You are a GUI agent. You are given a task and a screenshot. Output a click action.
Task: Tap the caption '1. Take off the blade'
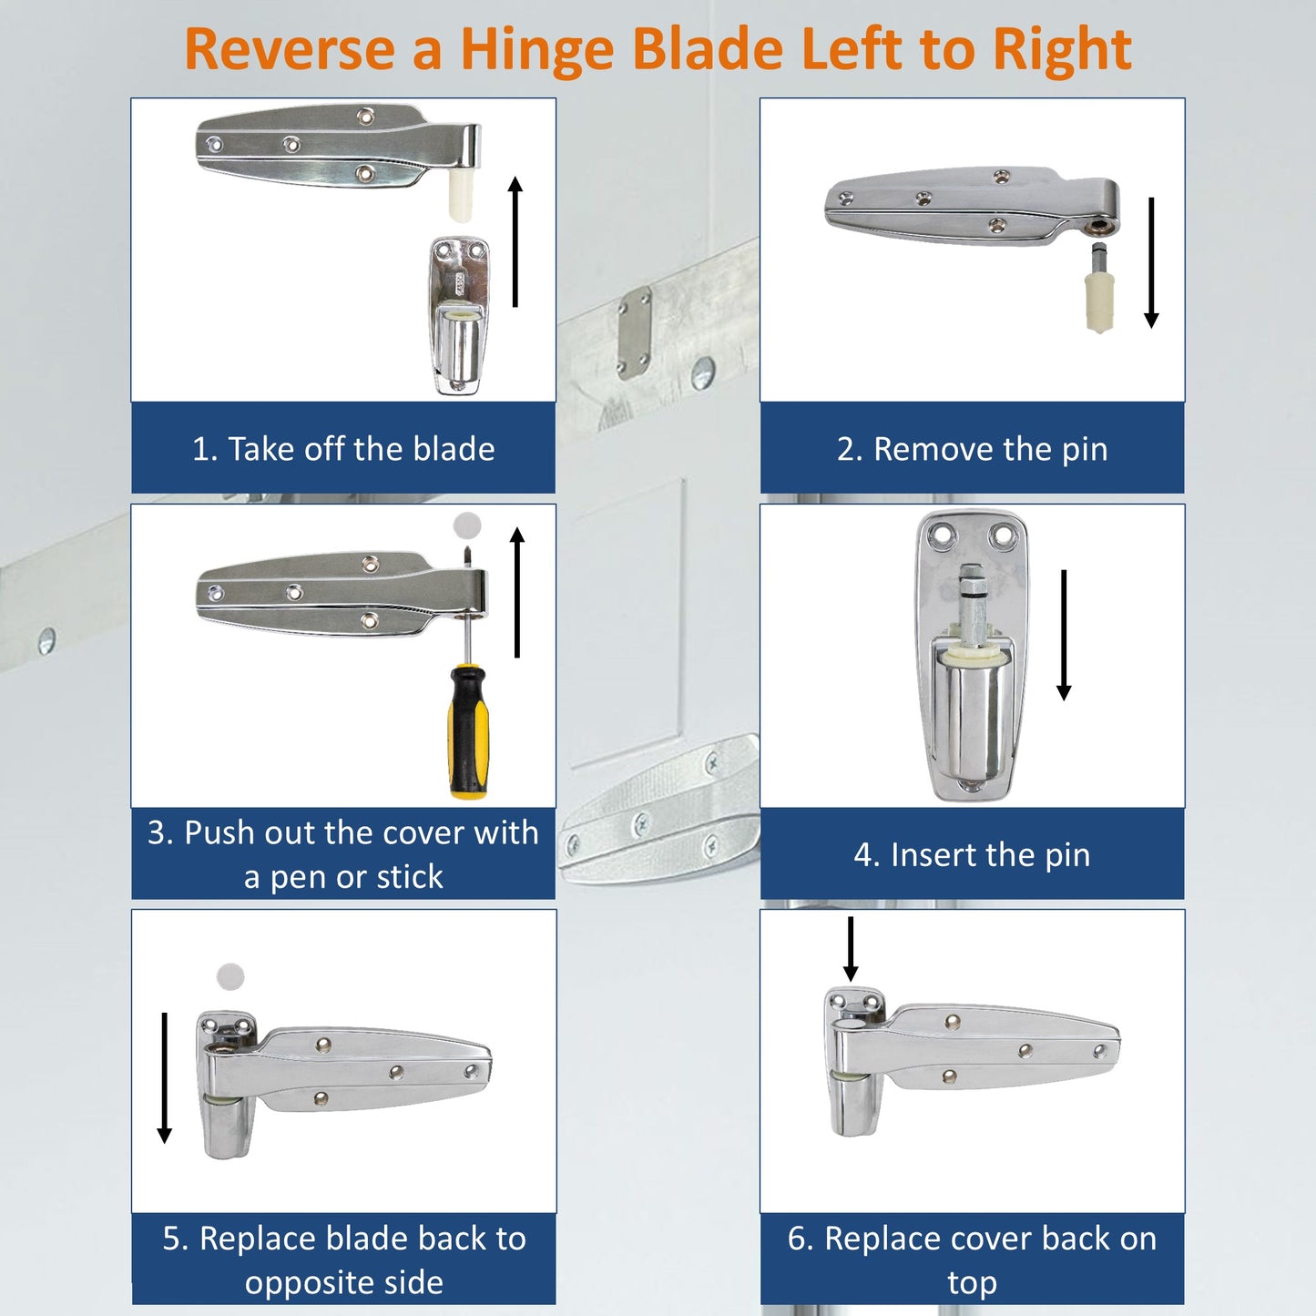(343, 449)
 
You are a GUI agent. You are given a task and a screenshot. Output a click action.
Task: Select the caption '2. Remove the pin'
(972, 449)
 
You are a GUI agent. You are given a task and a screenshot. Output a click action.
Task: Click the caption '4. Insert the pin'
(972, 854)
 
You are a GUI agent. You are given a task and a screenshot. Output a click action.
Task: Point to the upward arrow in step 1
(515, 241)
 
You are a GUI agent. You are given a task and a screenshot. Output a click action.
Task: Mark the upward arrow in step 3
(517, 592)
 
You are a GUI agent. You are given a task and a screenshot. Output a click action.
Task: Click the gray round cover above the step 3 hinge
(467, 525)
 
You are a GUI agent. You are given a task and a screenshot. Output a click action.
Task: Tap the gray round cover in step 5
(230, 976)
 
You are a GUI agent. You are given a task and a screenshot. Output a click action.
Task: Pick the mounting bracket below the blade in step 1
(459, 315)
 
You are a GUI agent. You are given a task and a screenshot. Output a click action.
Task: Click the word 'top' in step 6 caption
(972, 1282)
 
